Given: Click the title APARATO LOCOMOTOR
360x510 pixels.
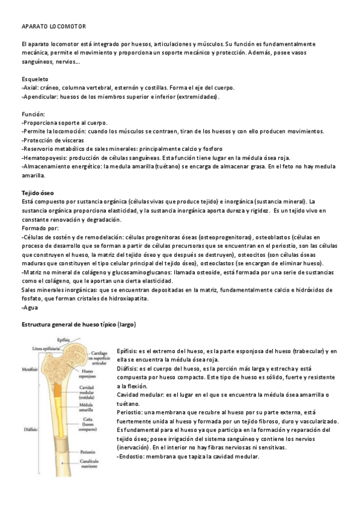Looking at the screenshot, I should pos(54,27).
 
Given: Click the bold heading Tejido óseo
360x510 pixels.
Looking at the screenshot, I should pos(38,191).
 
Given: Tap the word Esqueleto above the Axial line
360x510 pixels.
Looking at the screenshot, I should pos(35,79).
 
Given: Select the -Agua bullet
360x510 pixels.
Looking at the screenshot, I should pos(29,307).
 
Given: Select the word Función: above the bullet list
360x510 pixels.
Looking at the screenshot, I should pos(33,113).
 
